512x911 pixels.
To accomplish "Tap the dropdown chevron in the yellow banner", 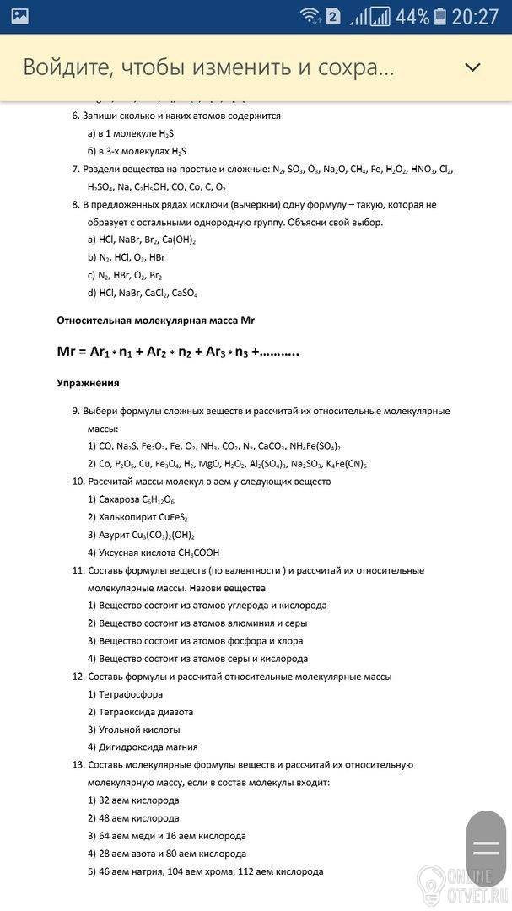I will (472, 67).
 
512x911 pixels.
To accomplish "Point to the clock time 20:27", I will (476, 16).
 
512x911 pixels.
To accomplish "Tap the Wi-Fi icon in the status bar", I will (310, 16).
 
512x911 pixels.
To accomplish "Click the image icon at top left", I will (19, 16).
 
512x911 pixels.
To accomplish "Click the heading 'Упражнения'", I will (88, 383).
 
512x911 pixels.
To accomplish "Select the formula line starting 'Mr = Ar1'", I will (177, 352).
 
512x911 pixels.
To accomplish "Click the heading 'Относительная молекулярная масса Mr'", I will (155, 321).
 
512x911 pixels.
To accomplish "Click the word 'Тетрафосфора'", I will (131, 694).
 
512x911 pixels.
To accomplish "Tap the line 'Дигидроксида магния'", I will (148, 747).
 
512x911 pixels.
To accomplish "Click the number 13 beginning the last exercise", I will (78, 765).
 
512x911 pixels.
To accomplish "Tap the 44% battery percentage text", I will (412, 16).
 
